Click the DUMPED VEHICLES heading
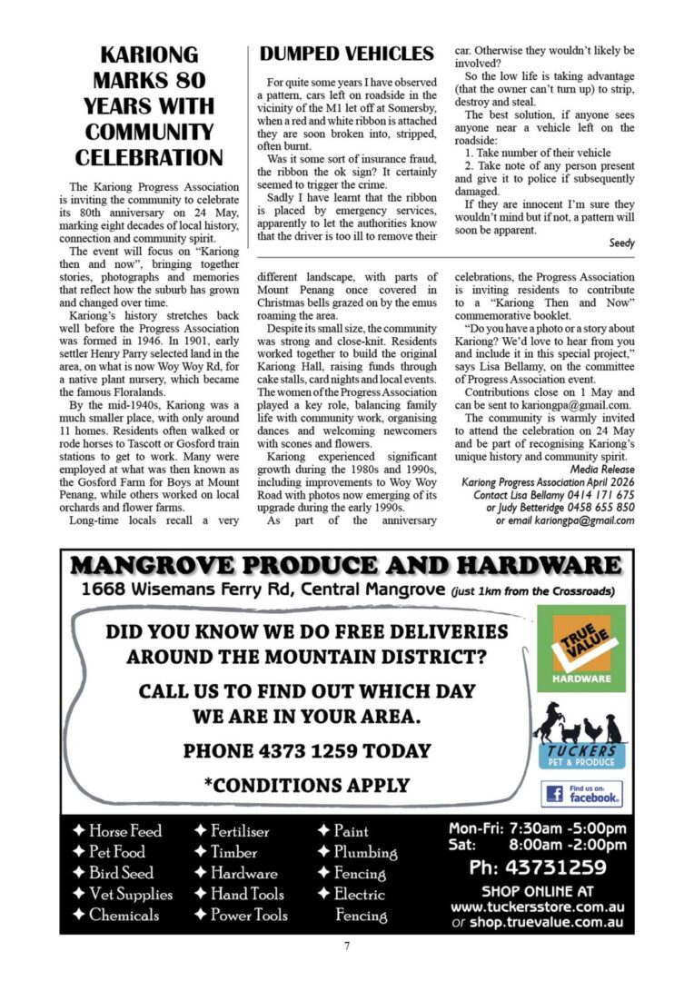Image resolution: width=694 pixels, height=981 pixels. point(346,54)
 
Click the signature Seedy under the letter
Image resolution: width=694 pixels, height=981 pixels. point(621,243)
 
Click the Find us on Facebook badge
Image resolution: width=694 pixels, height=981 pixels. point(581,795)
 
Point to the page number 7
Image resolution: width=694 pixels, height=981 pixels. point(347,946)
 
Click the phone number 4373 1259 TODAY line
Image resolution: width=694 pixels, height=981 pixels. point(306,751)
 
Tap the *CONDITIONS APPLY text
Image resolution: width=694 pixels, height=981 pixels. point(306,785)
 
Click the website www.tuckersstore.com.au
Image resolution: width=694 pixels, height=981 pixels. point(537,907)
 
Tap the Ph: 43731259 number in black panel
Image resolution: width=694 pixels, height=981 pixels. point(537,867)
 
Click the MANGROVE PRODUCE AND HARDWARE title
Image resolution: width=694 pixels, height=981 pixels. point(346,567)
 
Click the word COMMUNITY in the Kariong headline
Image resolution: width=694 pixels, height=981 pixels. point(148,131)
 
